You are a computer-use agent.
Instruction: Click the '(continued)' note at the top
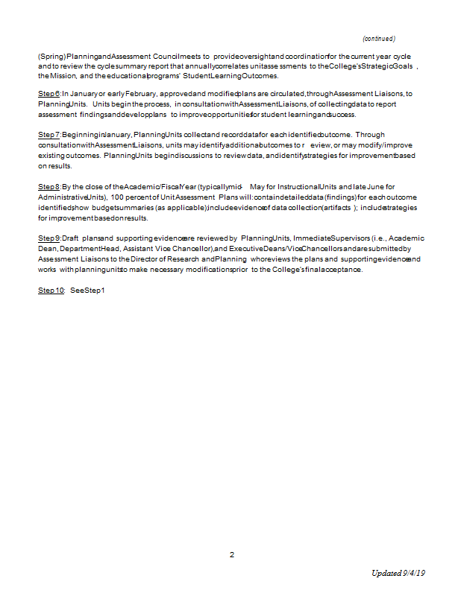pyautogui.click(x=378, y=38)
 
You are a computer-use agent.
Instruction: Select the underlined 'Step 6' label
pyautogui.click(x=49, y=94)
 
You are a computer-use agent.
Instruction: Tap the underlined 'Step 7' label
pyautogui.click(x=49, y=134)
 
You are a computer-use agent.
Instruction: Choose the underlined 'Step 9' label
pyautogui.click(x=49, y=238)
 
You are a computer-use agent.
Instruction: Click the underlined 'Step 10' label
pyautogui.click(x=51, y=290)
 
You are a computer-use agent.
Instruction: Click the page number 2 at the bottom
pyautogui.click(x=231, y=555)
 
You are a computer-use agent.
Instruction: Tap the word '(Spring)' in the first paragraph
pyautogui.click(x=51, y=56)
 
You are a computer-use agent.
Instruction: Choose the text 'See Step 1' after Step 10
pyautogui.click(x=88, y=290)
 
